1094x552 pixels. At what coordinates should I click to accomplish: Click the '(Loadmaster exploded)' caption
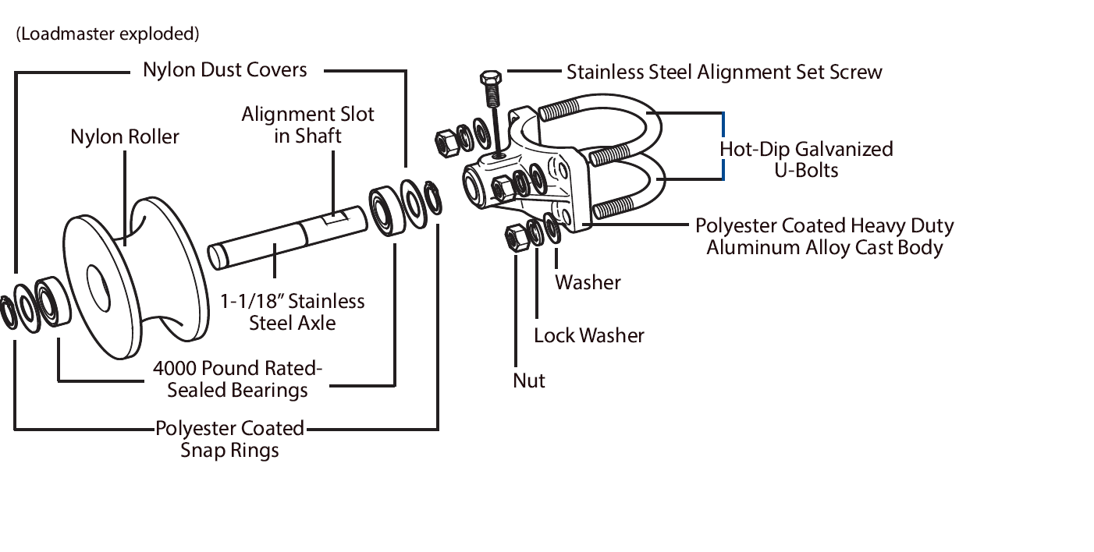pos(107,34)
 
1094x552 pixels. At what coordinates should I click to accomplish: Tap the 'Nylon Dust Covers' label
pos(225,70)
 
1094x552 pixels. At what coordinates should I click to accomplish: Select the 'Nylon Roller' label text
pos(125,137)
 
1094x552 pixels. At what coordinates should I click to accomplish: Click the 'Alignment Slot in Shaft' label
pos(307,125)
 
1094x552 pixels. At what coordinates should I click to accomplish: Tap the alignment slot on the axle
pos(333,219)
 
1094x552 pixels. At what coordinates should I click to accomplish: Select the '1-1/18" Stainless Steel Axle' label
pos(292,312)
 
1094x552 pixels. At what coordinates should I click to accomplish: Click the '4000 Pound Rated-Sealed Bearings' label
pos(238,379)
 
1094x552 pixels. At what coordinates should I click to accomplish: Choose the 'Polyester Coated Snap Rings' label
pos(229,439)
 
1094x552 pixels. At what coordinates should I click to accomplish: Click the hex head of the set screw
pos(489,79)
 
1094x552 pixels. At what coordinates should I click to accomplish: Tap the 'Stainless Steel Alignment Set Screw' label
pos(724,73)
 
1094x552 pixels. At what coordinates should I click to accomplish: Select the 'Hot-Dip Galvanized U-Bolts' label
pos(806,159)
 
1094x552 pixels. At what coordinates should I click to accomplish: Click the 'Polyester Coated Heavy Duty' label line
pos(824,226)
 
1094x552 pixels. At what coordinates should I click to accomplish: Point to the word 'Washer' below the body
pos(588,282)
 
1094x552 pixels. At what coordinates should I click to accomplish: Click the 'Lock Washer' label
pos(589,336)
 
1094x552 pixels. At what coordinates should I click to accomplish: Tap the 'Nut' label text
pos(528,380)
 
